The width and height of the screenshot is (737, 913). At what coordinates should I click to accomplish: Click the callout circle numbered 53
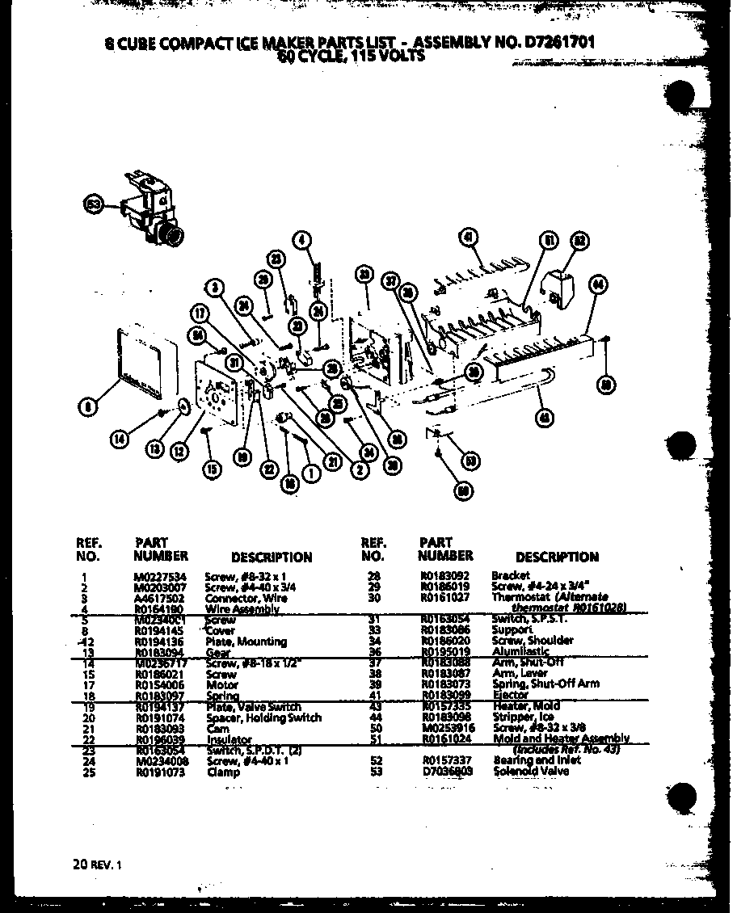point(93,206)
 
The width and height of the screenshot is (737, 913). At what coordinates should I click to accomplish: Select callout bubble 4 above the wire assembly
point(301,239)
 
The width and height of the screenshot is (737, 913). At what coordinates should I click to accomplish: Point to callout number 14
point(120,440)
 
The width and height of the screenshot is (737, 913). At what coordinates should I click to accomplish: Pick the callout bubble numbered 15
point(212,469)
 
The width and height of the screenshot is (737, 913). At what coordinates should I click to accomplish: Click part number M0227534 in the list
point(160,576)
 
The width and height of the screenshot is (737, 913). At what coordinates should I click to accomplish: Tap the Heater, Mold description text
point(526,706)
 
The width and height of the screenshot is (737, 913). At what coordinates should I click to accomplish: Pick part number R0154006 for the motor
point(160,684)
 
